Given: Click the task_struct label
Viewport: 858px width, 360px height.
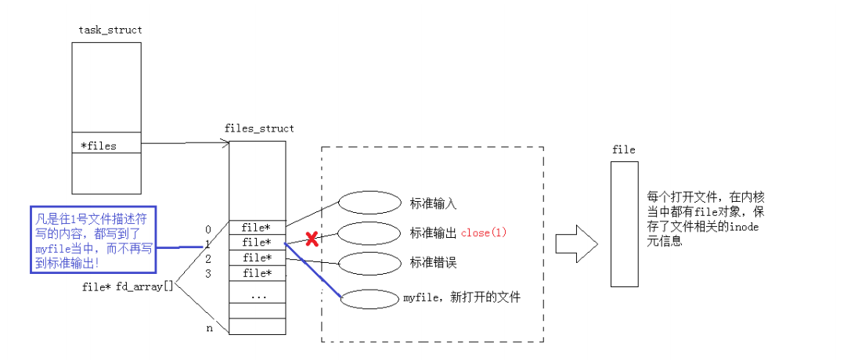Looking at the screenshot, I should pyautogui.click(x=110, y=30).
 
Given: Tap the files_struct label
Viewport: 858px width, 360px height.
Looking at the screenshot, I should pyautogui.click(x=259, y=128).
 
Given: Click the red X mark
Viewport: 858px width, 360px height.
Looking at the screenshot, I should pyautogui.click(x=312, y=239).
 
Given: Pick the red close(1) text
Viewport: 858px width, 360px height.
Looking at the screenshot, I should pyautogui.click(x=485, y=232).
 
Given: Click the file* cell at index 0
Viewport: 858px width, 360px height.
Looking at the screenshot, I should pyautogui.click(x=257, y=228).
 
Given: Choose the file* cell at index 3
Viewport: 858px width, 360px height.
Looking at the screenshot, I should pyautogui.click(x=257, y=273).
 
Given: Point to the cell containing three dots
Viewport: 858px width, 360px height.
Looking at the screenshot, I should pyautogui.click(x=257, y=296).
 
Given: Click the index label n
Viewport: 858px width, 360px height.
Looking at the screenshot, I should pyautogui.click(x=209, y=329).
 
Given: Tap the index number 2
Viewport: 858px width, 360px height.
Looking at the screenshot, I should pyautogui.click(x=208, y=258).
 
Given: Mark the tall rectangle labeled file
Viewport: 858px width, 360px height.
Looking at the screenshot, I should pyautogui.click(x=625, y=225).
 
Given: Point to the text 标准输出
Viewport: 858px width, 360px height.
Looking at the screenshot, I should pyautogui.click(x=433, y=233).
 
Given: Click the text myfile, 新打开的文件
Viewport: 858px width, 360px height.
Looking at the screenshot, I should pyautogui.click(x=461, y=297).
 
